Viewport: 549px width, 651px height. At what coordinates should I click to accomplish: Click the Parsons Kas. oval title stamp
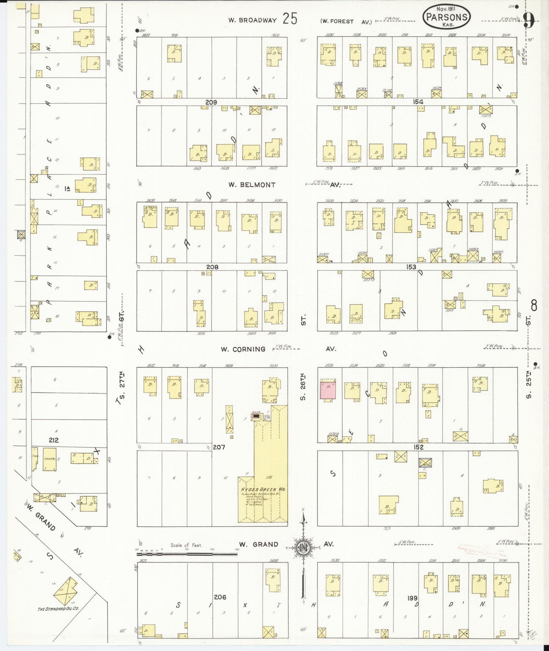[x=446, y=17]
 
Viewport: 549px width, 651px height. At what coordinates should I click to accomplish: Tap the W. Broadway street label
[x=252, y=21]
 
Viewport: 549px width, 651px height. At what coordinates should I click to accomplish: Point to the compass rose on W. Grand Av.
[x=304, y=547]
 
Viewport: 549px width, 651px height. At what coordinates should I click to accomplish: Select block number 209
[x=211, y=102]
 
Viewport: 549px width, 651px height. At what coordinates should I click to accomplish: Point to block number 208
[x=212, y=267]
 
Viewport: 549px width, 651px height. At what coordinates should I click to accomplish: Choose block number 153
[x=411, y=267]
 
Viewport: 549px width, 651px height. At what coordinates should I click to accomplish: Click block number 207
[x=219, y=447]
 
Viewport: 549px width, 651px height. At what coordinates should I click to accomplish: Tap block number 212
[x=54, y=440]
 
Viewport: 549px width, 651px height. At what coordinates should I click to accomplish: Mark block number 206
[x=220, y=597]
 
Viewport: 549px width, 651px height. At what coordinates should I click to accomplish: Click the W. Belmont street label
[x=252, y=185]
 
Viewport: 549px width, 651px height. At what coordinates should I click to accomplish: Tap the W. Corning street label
[x=243, y=349]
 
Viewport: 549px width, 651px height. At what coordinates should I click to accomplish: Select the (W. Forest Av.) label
[x=346, y=22]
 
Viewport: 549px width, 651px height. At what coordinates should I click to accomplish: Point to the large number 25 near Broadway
[x=290, y=19]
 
